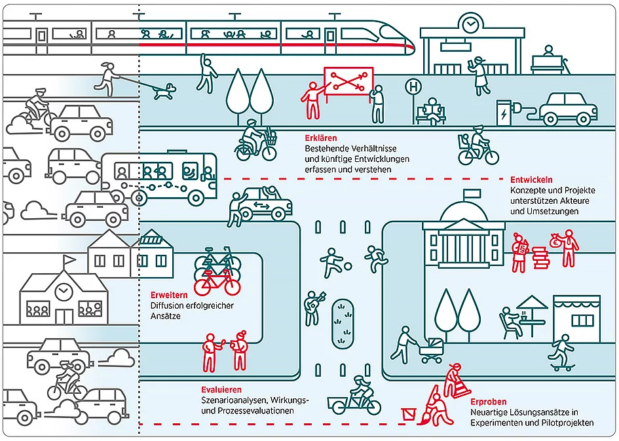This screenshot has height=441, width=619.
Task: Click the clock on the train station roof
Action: point(470,25)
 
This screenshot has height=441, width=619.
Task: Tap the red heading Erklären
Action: point(321,138)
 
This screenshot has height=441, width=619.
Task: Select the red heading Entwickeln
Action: point(531,180)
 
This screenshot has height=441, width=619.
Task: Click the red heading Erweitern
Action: point(170,294)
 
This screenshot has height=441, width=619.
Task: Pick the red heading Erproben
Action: point(488,402)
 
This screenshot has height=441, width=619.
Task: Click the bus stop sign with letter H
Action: point(413,86)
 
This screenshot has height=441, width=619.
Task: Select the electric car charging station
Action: point(504,112)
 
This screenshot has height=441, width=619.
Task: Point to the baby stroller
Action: point(432,349)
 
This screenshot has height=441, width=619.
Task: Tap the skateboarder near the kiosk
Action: point(559,356)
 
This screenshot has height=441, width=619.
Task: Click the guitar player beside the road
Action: point(310,305)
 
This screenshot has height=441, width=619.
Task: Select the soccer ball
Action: point(347,265)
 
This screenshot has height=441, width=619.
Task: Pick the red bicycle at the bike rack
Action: point(217,281)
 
